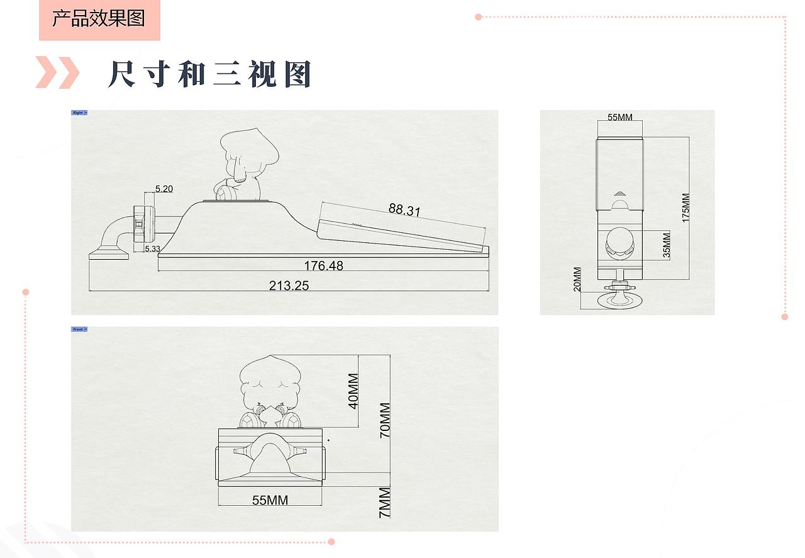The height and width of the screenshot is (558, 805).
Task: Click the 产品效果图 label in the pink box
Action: click(x=99, y=18)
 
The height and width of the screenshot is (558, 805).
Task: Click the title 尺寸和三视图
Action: click(x=209, y=75)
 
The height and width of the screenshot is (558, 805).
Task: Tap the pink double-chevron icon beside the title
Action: click(x=57, y=72)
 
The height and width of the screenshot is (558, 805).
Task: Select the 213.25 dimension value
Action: click(x=289, y=285)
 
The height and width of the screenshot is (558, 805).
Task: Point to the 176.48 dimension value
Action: click(x=323, y=265)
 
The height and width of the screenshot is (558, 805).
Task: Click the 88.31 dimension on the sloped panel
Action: click(x=404, y=209)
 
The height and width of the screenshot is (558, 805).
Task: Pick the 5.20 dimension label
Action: click(x=164, y=188)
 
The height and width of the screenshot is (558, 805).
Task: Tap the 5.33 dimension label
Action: click(x=152, y=249)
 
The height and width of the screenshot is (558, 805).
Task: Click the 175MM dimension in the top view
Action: click(x=686, y=207)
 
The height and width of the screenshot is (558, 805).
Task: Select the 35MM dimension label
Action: click(x=666, y=245)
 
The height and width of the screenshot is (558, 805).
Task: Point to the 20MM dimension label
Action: click(x=577, y=279)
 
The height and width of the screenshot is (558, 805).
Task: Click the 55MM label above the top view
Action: click(x=620, y=118)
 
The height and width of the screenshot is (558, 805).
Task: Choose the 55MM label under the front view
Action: click(x=270, y=500)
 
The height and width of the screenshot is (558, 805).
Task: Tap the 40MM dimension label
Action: click(x=353, y=391)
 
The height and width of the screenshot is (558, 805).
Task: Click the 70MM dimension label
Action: click(x=384, y=420)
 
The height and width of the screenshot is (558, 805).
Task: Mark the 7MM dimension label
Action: click(x=384, y=501)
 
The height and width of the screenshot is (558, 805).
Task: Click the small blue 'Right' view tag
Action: click(x=79, y=113)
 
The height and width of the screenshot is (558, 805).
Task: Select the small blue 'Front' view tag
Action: click(x=79, y=329)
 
